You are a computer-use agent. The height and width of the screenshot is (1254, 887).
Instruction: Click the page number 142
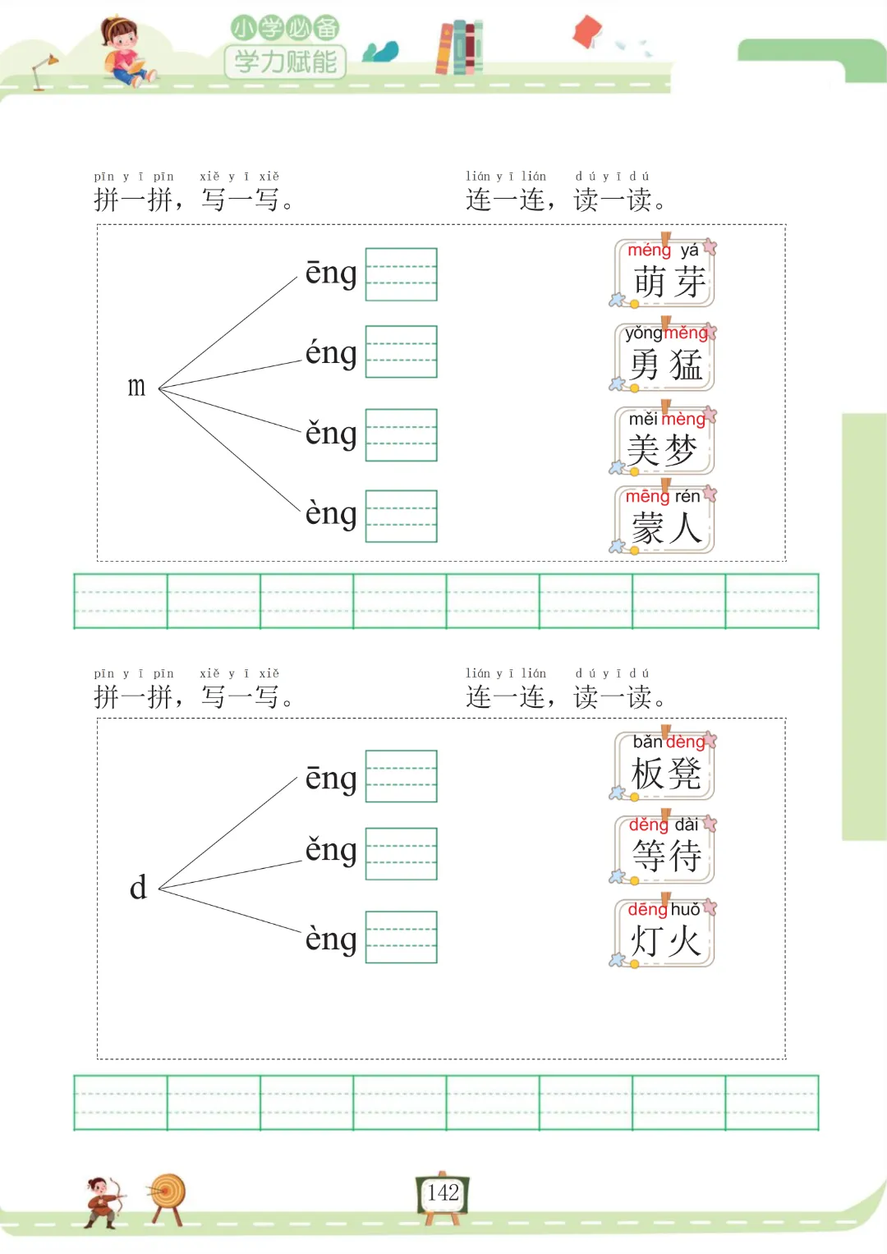443,1193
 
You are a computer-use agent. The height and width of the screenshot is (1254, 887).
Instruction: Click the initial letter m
136,386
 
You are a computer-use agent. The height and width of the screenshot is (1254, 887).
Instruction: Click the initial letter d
138,888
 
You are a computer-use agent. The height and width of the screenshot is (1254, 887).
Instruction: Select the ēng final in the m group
331,273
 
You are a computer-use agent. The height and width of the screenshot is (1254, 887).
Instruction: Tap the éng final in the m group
331,353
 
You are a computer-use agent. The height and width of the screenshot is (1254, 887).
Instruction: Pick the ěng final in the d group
331,850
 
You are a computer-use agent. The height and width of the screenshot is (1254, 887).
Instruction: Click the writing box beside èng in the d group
401,937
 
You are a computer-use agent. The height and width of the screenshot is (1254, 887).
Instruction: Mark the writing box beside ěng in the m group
401,435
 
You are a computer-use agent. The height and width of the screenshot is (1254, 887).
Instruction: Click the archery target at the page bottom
168,1196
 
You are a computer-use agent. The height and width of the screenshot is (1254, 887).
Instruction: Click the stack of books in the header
459,47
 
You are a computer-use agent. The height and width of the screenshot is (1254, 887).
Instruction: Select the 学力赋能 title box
285,62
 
